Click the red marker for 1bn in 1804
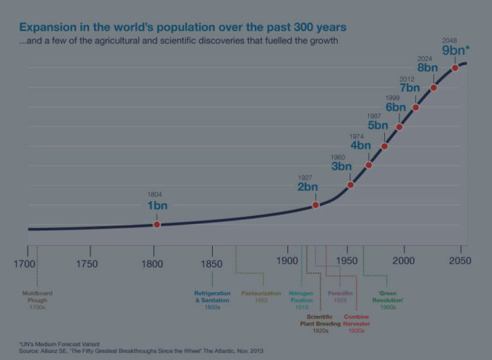[157, 225]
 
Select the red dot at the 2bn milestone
[315, 205]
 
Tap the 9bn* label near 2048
[456, 51]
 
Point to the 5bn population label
[378, 125]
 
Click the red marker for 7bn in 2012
[416, 107]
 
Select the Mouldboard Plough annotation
[36, 299]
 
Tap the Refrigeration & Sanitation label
[212, 299]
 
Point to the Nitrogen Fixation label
[302, 299]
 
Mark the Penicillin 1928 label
[339, 296]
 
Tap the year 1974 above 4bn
[357, 136]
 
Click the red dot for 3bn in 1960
[351, 185]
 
